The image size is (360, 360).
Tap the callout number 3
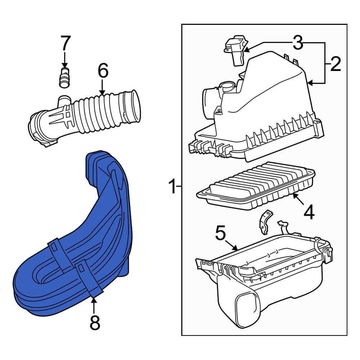pyautogui.click(x=297, y=43)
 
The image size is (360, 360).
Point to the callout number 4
pyautogui.click(x=309, y=212)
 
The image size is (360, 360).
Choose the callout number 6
pyautogui.click(x=102, y=71)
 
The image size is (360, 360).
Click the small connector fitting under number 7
pyautogui.click(x=64, y=76)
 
